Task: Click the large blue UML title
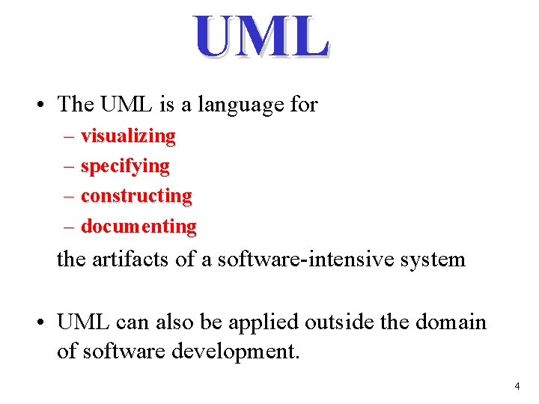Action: [x=261, y=37]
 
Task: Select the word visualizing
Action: [x=128, y=136]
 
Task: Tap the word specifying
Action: [x=125, y=166]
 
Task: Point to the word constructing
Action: [x=136, y=196]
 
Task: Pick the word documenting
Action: [x=138, y=226]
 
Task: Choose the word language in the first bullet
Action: [x=241, y=105]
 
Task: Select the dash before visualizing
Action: [x=70, y=137]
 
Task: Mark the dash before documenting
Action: [x=70, y=227]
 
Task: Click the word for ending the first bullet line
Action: [x=303, y=105]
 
